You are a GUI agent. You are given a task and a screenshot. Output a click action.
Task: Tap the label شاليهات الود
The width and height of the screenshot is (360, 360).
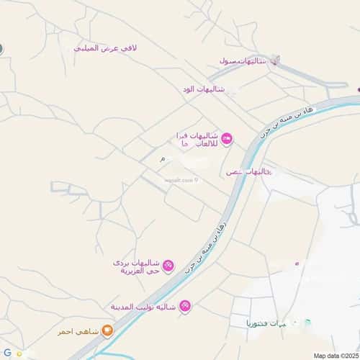click(x=204, y=89)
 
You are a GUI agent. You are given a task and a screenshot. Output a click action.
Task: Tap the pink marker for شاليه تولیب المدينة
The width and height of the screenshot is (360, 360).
click(x=185, y=306)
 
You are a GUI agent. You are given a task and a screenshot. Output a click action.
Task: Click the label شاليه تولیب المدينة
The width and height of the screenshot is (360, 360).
click(x=144, y=307)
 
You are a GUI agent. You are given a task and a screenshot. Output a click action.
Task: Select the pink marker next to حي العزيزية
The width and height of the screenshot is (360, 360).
click(x=168, y=266)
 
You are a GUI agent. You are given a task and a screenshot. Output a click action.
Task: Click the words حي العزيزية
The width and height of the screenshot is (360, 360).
click(x=134, y=271)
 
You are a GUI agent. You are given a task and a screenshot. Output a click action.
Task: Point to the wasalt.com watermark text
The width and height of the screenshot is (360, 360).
click(x=178, y=180)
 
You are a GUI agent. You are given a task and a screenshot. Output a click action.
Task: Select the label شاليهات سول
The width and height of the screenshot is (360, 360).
click(x=243, y=61)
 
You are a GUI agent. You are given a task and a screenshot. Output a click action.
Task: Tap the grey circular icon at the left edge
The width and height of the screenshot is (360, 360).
click(x=1, y=48)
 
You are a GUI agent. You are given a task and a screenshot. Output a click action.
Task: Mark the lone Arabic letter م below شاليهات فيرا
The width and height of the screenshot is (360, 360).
click(x=162, y=158)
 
